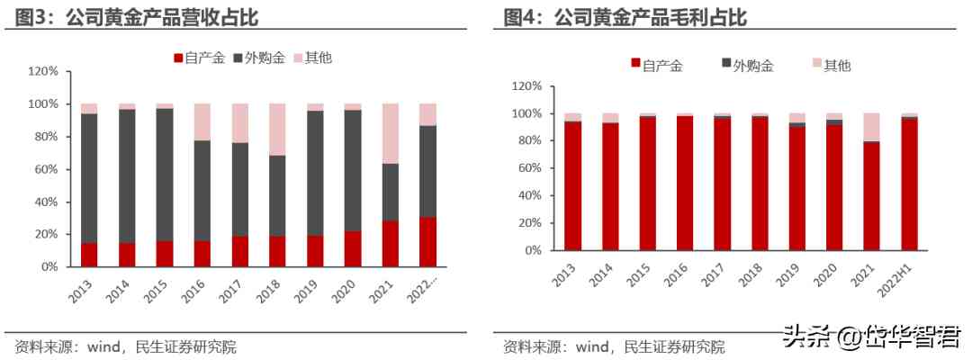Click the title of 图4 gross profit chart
click(625, 17)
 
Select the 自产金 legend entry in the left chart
click(199, 58)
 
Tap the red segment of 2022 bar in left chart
click(428, 241)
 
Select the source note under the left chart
click(126, 346)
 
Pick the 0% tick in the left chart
click(49, 267)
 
